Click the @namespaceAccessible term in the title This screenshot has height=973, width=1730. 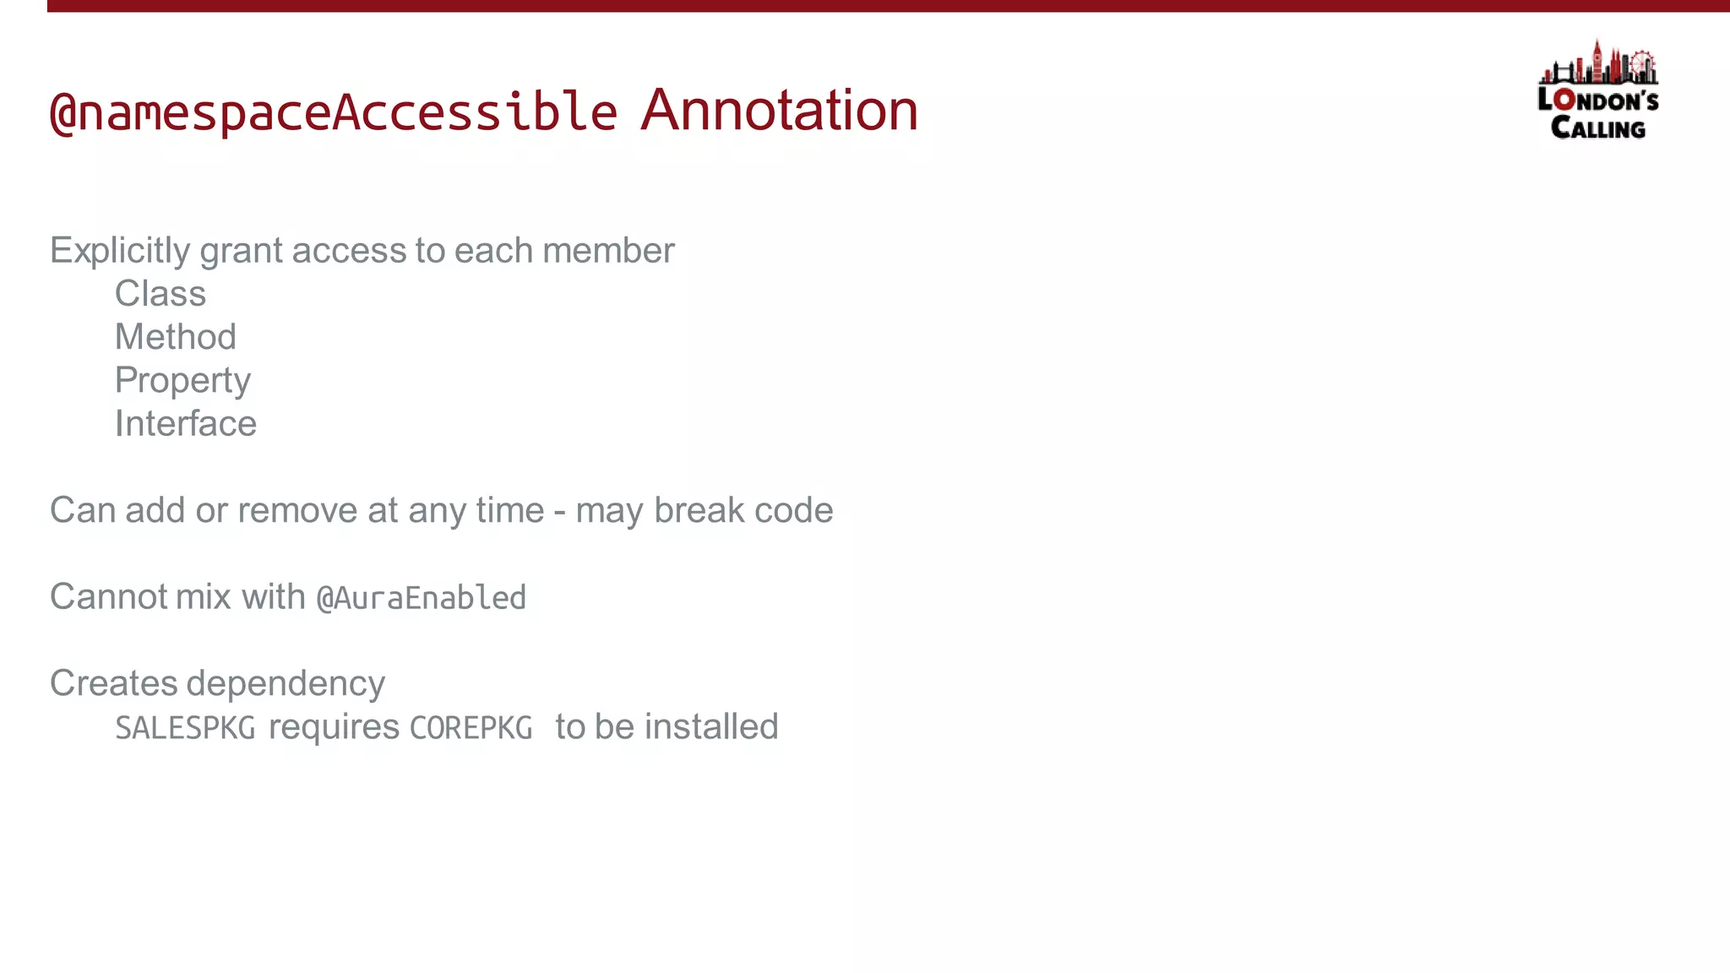tap(334, 111)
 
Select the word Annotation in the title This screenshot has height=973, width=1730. tap(779, 111)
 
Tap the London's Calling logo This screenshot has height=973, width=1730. tap(1597, 101)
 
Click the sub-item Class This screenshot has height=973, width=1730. tap(160, 294)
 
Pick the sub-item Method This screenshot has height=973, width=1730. tap(176, 337)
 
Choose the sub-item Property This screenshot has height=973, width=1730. tap(182, 381)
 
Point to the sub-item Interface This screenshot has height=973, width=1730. tap(186, 424)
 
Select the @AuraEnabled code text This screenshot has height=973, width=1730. tap(421, 598)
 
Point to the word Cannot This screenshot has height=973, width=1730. tap(108, 597)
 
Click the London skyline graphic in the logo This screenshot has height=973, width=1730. tap(1598, 64)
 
